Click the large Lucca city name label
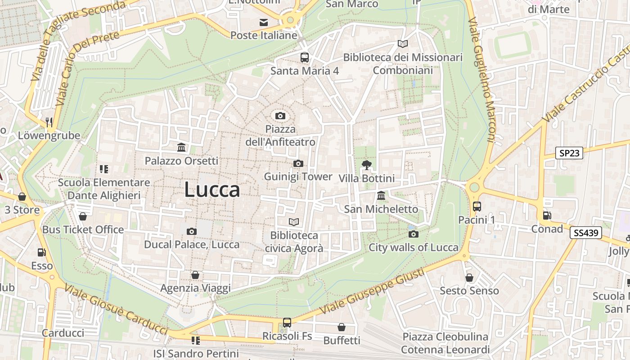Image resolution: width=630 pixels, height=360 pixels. coord(211,189)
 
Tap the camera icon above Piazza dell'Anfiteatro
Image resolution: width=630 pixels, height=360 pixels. coord(280,116)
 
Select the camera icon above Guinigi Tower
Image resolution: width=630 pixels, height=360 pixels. coord(298,163)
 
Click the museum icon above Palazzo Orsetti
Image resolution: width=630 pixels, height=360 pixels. coord(181,148)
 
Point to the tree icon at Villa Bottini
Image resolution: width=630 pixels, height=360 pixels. coord(366,165)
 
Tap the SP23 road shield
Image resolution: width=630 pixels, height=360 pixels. coord(569,153)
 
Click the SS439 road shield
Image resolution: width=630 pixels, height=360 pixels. coord(585,233)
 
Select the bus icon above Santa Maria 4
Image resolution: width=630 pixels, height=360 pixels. coord(305,58)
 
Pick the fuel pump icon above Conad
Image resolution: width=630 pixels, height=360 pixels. coord(547,216)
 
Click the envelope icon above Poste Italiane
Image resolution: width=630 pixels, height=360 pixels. coord(264,22)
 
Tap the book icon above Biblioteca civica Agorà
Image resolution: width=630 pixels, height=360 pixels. coord(294,222)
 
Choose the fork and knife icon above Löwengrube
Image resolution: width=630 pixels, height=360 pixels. coord(49,122)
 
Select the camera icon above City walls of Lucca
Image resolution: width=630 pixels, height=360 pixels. coord(413,234)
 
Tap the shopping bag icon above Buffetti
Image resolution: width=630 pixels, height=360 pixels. coord(342,327)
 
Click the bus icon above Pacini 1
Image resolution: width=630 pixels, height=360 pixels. coord(477,207)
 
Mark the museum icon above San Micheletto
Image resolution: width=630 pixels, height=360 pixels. coord(381,196)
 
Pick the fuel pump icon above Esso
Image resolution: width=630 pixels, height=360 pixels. coord(42,252)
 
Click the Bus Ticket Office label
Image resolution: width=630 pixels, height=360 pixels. coord(83,229)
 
